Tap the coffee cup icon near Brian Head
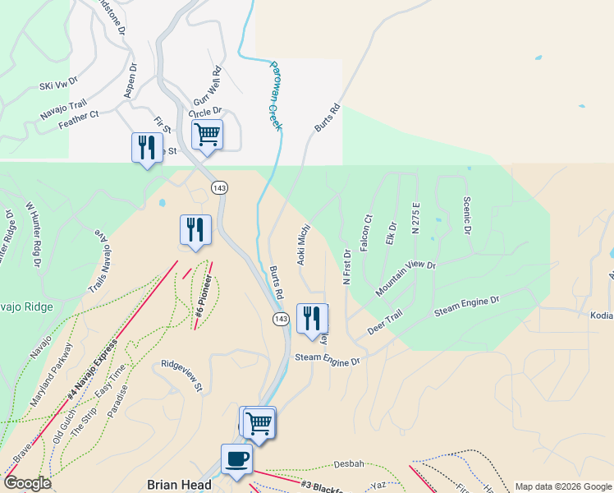[x=236, y=459]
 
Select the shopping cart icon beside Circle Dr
[x=207, y=134]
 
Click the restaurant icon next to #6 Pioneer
[x=195, y=228]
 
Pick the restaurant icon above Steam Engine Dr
[x=312, y=318]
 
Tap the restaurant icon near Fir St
[x=147, y=147]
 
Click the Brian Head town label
[x=179, y=485]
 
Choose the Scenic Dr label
[x=467, y=214]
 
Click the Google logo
[x=27, y=483]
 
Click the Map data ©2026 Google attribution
[x=562, y=486]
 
